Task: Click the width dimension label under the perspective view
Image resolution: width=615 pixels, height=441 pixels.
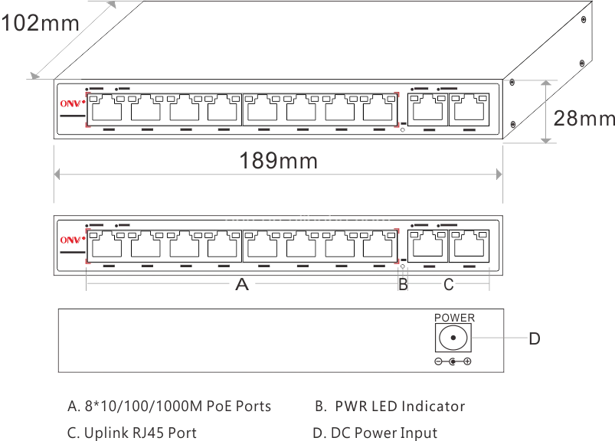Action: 278,161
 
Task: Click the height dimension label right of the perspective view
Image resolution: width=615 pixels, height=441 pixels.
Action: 584,118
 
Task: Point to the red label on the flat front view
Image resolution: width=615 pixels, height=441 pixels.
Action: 70,241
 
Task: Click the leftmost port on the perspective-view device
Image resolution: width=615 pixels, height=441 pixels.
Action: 109,109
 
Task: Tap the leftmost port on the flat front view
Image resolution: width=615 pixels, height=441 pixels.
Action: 109,246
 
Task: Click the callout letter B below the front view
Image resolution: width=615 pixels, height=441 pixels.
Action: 402,287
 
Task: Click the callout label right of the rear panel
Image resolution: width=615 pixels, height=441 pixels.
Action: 535,338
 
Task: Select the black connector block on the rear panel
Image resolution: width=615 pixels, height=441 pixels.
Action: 452,340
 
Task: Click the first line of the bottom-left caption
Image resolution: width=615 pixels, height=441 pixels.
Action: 171,407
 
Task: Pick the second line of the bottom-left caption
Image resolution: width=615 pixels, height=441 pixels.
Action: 135,431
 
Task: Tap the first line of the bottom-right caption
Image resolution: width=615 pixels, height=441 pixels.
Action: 389,407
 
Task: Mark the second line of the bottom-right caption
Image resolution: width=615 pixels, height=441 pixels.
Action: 376,431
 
